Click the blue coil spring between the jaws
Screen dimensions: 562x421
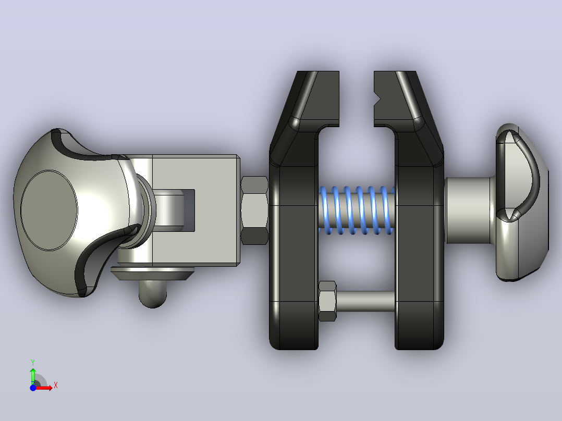click(x=357, y=210)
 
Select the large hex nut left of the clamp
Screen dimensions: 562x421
click(x=254, y=210)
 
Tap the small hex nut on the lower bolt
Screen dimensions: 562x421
click(x=327, y=301)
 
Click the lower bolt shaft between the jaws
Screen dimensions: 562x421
click(x=365, y=301)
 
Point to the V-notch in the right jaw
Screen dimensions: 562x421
click(x=377, y=98)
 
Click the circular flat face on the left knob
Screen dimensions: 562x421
click(x=49, y=210)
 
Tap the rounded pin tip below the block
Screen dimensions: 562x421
click(x=153, y=294)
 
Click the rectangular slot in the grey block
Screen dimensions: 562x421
click(x=189, y=210)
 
